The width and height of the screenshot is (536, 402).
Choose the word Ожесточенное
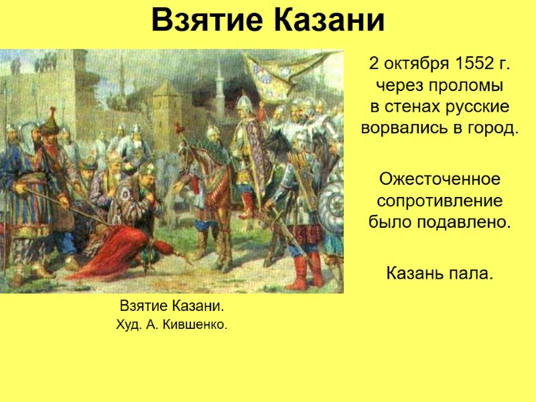[x=440, y=180]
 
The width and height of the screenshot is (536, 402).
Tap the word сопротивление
[x=440, y=201]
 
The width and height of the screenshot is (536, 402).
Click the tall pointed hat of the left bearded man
[x=48, y=121]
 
